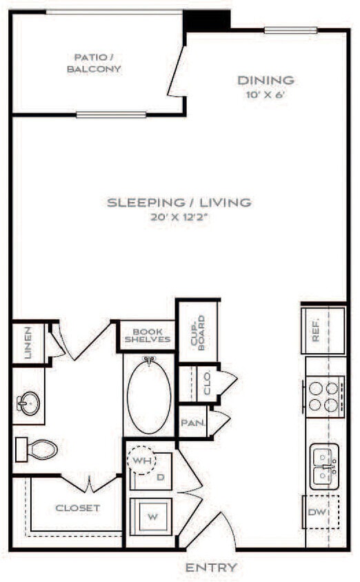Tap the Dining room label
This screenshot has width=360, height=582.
point(266,80)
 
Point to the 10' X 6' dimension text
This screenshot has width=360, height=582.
point(266,95)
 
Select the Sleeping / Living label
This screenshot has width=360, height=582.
point(179,203)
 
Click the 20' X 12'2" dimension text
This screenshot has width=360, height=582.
point(179,217)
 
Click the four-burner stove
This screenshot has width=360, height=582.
point(323,396)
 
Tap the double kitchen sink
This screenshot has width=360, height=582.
point(323,466)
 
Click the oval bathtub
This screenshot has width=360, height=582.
point(148,396)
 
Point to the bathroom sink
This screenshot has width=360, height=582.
point(29,401)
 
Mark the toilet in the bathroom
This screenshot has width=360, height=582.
point(37,450)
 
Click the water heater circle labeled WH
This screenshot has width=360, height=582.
point(143,459)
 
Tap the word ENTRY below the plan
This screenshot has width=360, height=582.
point(211,568)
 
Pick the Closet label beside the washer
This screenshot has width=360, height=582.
point(77,508)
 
